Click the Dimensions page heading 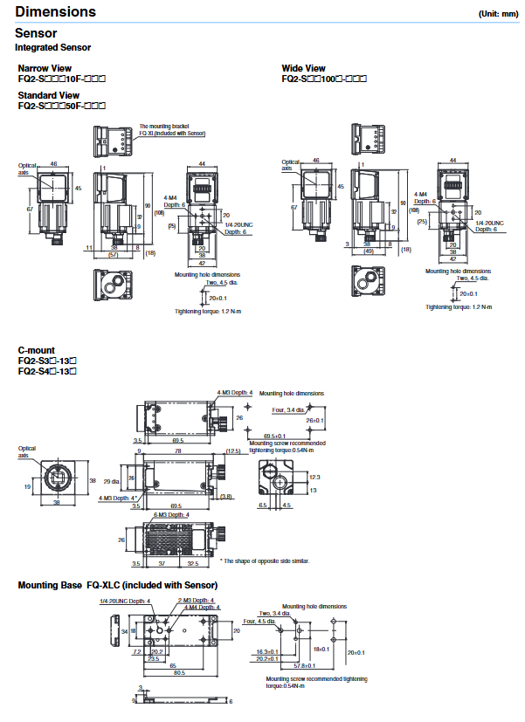56,12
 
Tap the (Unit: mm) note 498,14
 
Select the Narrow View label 45,68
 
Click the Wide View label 303,68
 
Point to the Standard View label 49,94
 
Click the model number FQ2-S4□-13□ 48,372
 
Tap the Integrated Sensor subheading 52,46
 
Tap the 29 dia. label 113,481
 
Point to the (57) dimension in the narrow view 113,255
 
